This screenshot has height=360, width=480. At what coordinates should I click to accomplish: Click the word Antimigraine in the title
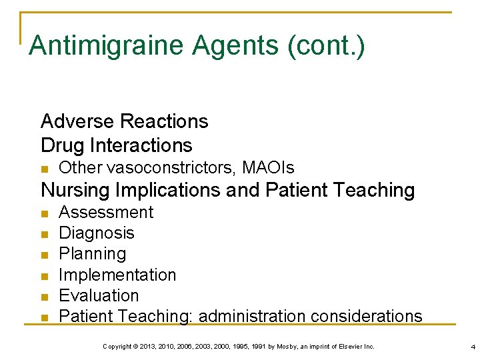click(105, 45)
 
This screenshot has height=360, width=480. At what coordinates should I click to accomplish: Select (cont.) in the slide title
click(326, 45)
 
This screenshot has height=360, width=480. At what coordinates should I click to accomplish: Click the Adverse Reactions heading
click(124, 121)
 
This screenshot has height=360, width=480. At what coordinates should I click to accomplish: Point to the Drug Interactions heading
click(116, 145)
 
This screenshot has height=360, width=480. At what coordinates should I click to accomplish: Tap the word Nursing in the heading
click(74, 191)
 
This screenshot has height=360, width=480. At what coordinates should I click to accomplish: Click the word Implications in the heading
click(167, 191)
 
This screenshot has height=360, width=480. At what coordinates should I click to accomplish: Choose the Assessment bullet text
click(106, 212)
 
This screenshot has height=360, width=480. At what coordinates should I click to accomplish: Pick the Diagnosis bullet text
click(97, 233)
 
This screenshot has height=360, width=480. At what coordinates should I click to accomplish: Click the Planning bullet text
click(92, 253)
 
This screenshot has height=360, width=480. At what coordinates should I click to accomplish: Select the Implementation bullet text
click(117, 275)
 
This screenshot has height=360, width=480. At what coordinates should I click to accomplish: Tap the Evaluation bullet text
click(99, 295)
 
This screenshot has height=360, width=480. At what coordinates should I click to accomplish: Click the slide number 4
click(472, 347)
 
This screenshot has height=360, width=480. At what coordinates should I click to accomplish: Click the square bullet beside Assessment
click(45, 214)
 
